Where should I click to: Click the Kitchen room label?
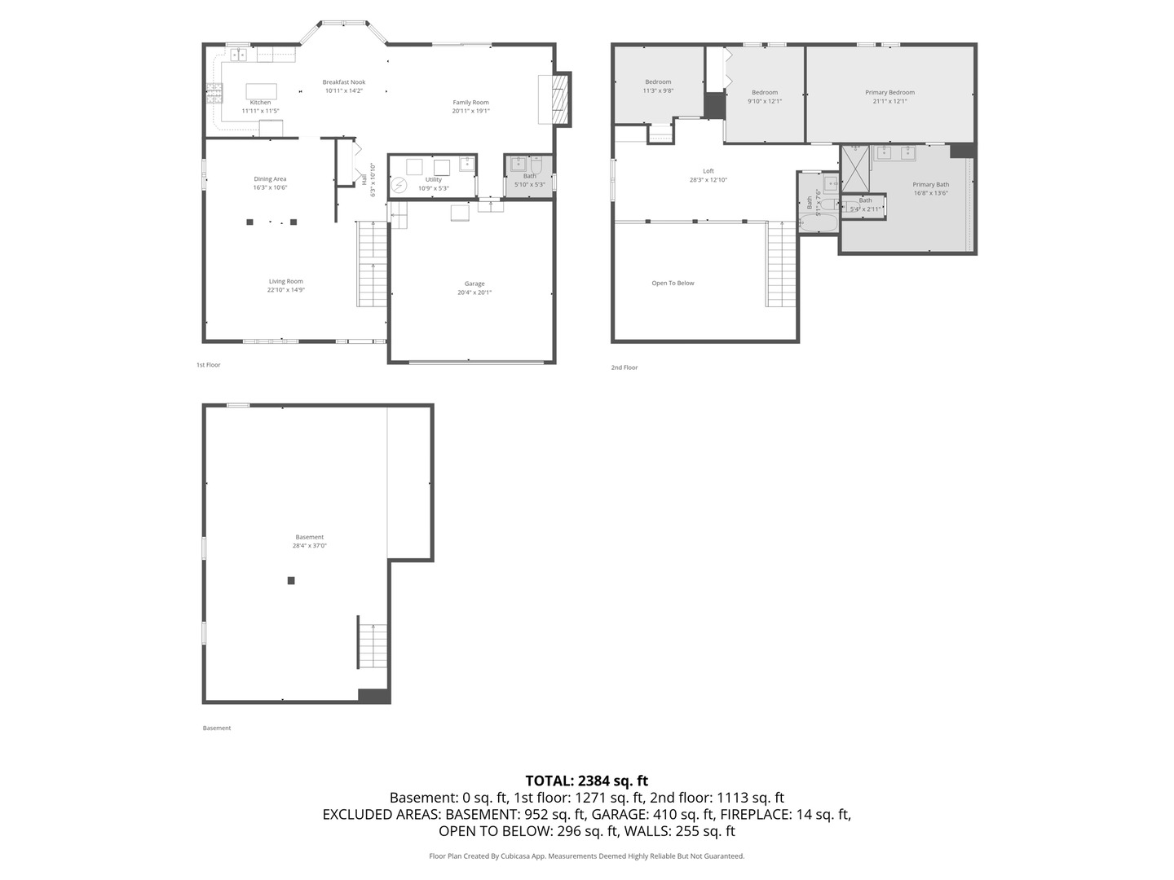tap(260, 103)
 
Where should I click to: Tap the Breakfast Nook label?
tap(343, 82)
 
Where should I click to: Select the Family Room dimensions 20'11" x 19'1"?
tap(471, 111)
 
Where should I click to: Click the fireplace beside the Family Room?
tap(558, 99)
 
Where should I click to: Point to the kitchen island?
tap(261, 90)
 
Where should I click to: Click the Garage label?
tap(474, 284)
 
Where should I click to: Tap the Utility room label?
tap(434, 180)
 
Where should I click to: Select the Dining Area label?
tap(270, 179)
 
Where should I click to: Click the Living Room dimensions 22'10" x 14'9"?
tap(286, 290)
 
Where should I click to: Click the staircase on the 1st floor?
tap(373, 264)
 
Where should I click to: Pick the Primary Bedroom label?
tap(889, 93)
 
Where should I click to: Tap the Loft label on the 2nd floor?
tap(708, 171)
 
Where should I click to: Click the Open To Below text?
tap(673, 284)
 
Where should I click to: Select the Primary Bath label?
tap(930, 185)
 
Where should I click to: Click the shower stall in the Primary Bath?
tap(855, 168)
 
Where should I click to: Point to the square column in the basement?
tap(291, 581)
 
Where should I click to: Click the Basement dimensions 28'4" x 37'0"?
tap(310, 546)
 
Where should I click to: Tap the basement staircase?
tap(373, 645)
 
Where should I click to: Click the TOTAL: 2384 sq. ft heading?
tap(586, 781)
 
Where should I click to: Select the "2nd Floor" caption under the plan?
tap(625, 367)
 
